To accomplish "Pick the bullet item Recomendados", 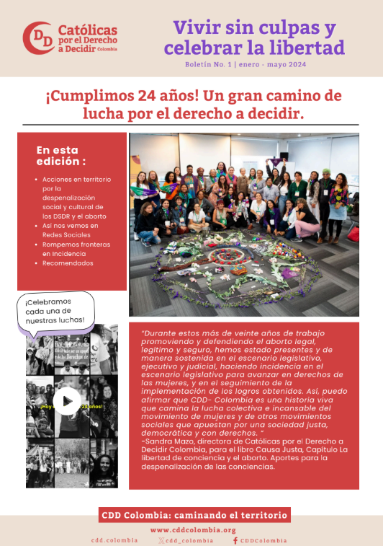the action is click(x=68, y=263).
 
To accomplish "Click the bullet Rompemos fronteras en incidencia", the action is click(x=76, y=249).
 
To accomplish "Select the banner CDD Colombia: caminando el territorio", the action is click(x=194, y=515).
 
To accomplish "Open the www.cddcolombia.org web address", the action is click(x=194, y=530).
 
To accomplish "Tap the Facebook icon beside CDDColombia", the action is click(x=235, y=540).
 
